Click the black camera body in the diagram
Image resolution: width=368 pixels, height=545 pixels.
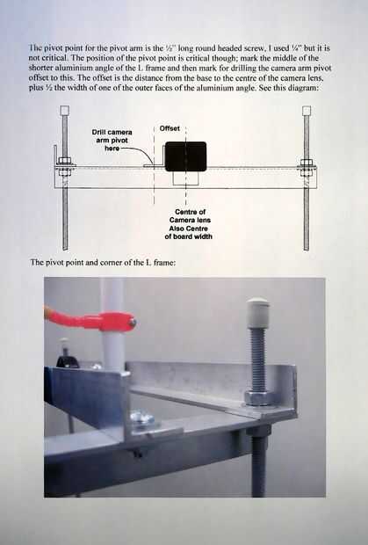(185, 156)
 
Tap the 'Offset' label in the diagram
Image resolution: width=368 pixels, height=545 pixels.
(170, 128)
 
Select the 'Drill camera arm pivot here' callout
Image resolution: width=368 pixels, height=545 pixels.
(112, 141)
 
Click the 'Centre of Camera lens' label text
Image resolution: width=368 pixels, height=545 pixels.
(190, 216)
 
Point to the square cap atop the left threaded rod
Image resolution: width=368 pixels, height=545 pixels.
(65, 111)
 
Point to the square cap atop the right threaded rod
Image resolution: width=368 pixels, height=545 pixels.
(307, 111)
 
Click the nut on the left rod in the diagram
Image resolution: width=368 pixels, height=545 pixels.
(65, 161)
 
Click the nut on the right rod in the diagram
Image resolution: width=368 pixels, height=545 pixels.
(307, 163)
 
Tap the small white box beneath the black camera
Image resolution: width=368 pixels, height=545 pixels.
(185, 178)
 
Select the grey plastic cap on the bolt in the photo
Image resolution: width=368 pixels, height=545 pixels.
(257, 312)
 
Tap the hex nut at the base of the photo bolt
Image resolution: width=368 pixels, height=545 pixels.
(258, 397)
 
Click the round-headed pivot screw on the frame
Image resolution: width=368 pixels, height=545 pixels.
(142, 417)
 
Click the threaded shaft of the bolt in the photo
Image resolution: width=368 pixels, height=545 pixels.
(257, 359)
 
